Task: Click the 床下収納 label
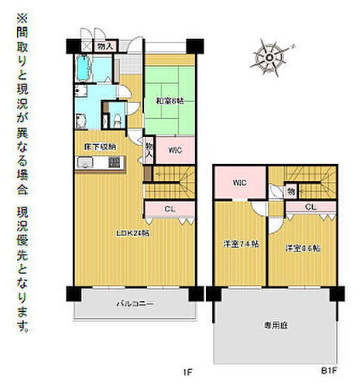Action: [x=100, y=146]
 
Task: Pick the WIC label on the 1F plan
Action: [x=174, y=150]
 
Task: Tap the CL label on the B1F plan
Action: [x=310, y=207]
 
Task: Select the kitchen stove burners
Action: [x=115, y=163]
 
